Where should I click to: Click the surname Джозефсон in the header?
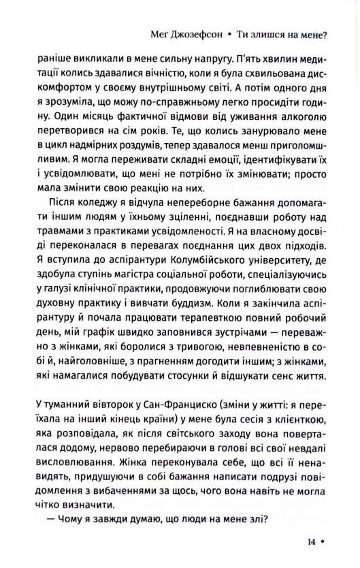coord(197,31)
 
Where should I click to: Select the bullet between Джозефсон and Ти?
coord(231,31)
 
